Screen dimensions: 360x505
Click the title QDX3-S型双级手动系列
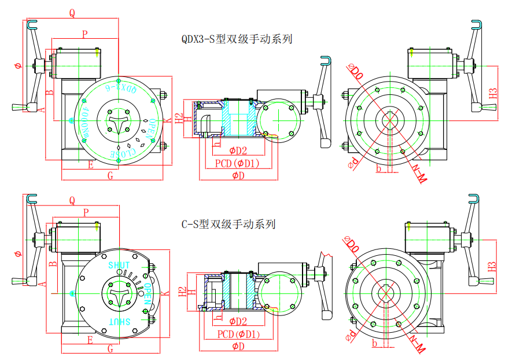click(x=236, y=39)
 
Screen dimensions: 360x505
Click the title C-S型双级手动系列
click(x=228, y=224)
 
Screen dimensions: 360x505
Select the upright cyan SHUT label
click(x=119, y=265)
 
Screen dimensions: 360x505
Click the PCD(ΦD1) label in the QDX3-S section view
click(x=237, y=163)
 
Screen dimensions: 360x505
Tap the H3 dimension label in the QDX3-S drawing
click(x=493, y=93)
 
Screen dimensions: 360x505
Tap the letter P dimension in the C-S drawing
click(x=86, y=213)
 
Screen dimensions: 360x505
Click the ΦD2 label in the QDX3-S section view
click(x=238, y=151)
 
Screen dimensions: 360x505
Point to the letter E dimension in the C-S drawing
click(x=90, y=340)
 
